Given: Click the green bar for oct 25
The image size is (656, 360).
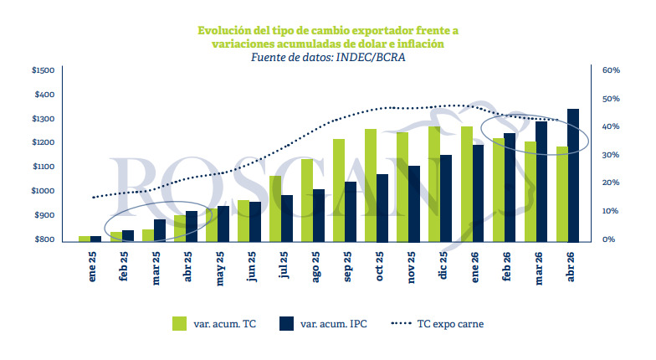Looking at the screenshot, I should [x=370, y=185].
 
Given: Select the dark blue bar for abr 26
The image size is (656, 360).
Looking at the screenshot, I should [x=573, y=175].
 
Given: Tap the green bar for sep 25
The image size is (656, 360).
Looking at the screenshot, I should [x=339, y=190].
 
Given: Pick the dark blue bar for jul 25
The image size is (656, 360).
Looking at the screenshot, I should [x=287, y=218].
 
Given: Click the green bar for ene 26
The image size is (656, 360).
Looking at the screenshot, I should [x=466, y=183].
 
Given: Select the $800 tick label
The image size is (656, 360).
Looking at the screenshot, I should [x=45, y=240].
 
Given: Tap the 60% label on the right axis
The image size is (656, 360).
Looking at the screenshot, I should [x=610, y=71].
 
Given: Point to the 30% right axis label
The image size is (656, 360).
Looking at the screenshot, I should [x=610, y=156].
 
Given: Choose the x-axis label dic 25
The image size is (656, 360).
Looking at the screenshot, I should [x=446, y=268].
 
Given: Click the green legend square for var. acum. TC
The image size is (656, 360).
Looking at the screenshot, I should [x=180, y=323].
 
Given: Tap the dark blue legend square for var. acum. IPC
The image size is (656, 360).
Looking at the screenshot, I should [x=289, y=323].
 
